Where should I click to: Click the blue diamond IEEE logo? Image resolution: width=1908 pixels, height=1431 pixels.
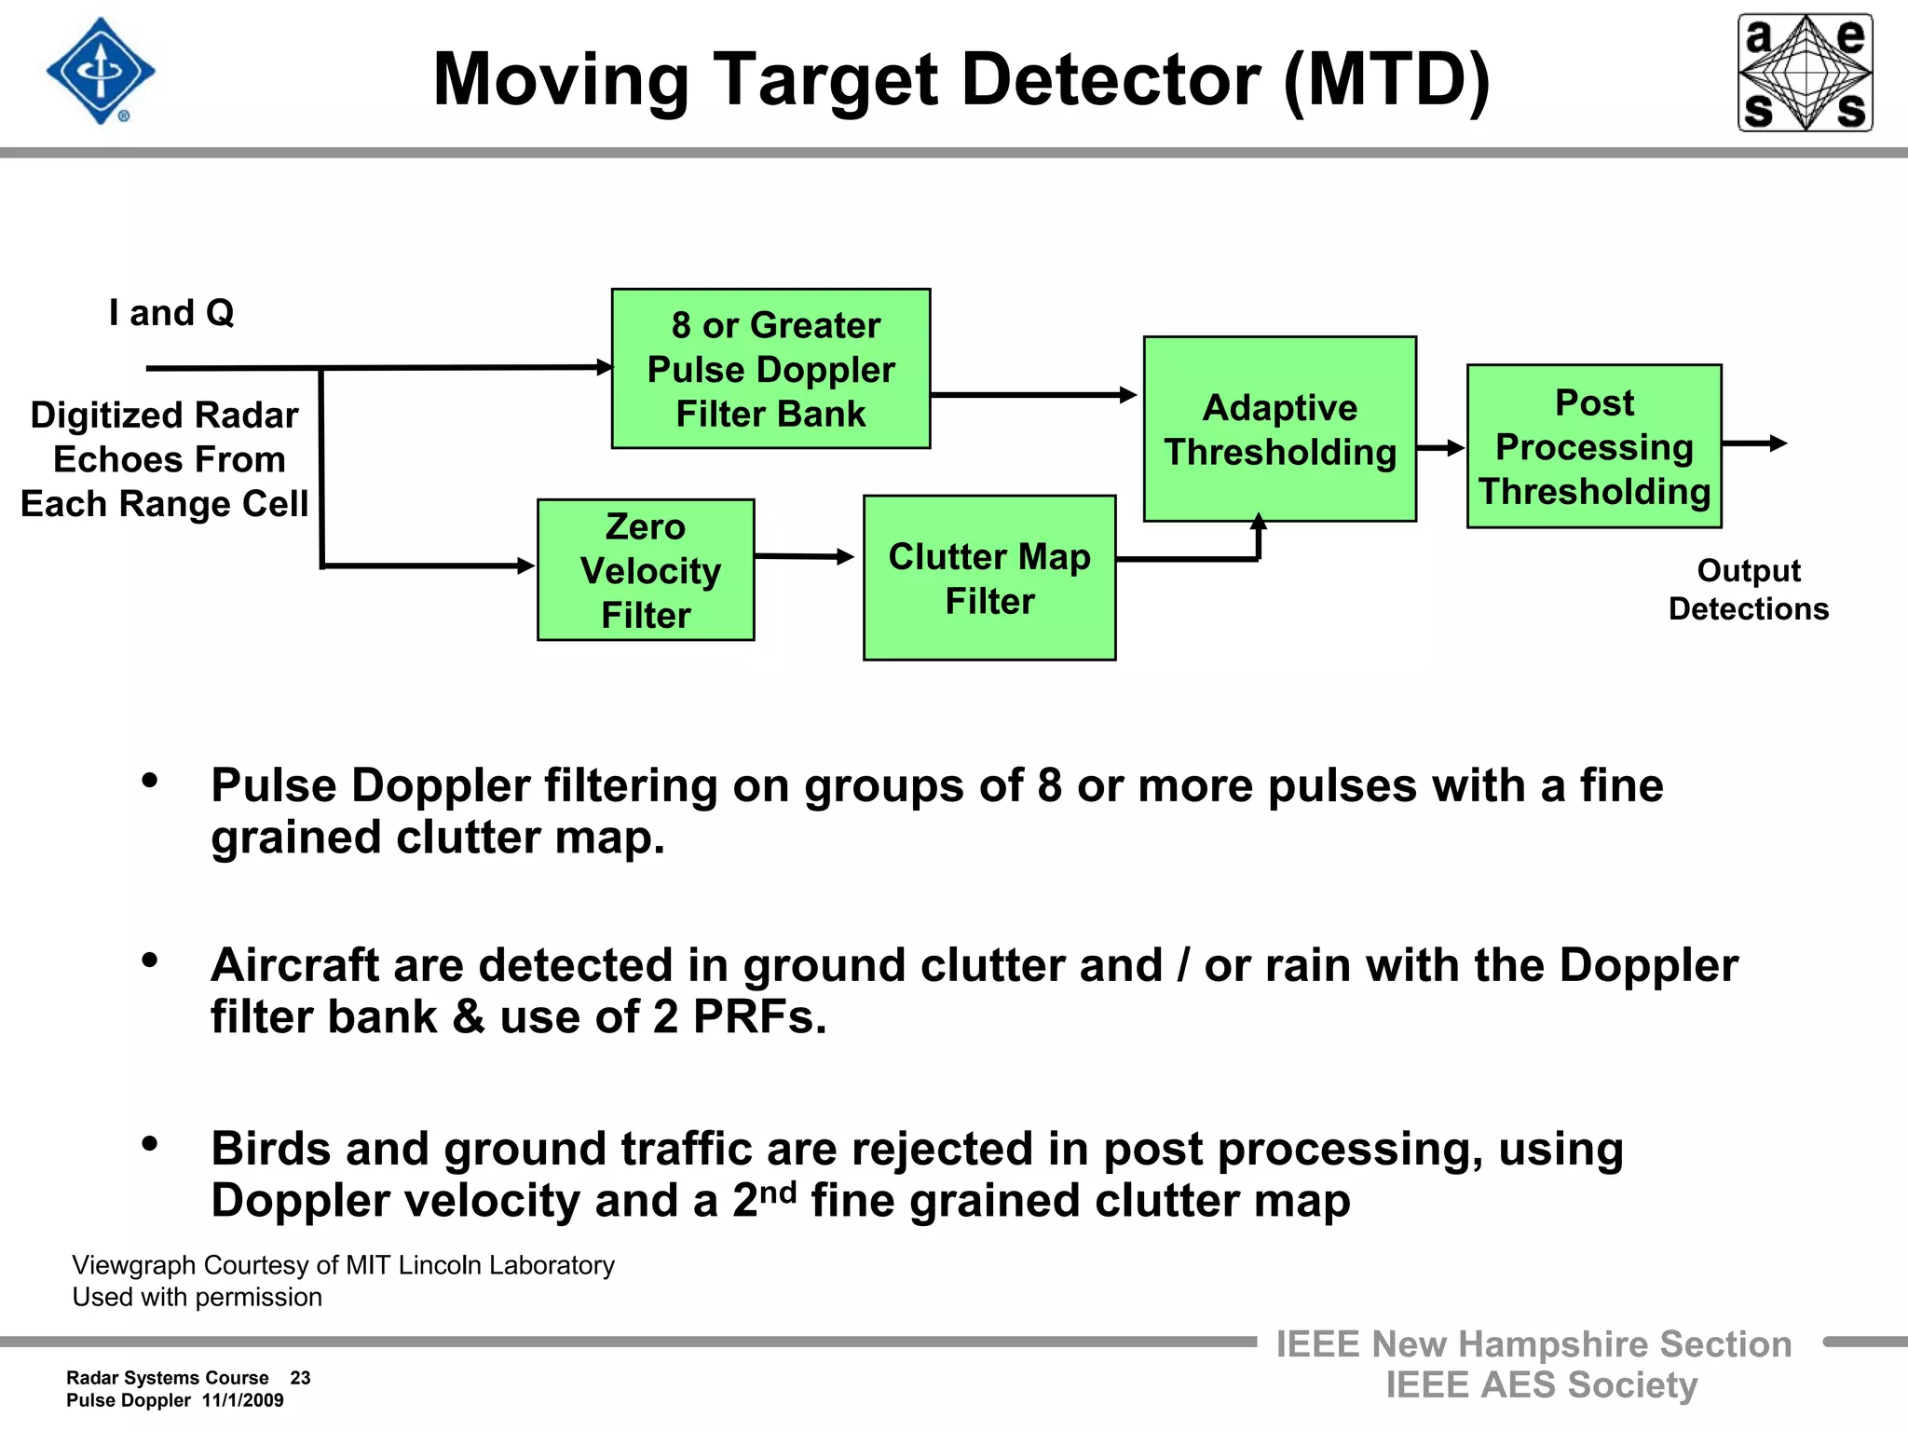[101, 71]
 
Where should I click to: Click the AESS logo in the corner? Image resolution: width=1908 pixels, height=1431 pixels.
[1805, 73]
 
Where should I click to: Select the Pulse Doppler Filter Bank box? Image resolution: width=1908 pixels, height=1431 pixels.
[770, 369]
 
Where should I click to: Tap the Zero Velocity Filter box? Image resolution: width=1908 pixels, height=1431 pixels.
[646, 570]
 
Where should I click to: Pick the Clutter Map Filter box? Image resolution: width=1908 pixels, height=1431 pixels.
[989, 578]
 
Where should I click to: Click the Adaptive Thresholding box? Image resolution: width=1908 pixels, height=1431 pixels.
[1279, 429]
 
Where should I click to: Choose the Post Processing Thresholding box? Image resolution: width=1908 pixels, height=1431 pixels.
[1594, 446]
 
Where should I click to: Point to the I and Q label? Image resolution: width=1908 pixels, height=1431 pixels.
[171, 313]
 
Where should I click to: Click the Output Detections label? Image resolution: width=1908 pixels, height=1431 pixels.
[1748, 589]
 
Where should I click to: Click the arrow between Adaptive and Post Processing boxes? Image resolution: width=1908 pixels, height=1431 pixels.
[1440, 448]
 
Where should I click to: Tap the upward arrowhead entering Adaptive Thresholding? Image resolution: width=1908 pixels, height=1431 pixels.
[1259, 523]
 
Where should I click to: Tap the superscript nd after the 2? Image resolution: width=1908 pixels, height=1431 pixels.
[779, 1192]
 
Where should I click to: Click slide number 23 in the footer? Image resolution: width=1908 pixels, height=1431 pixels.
[300, 1378]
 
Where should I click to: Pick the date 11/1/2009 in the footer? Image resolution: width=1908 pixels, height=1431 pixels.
[242, 1400]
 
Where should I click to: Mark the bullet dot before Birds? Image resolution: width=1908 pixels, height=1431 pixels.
[150, 1144]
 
